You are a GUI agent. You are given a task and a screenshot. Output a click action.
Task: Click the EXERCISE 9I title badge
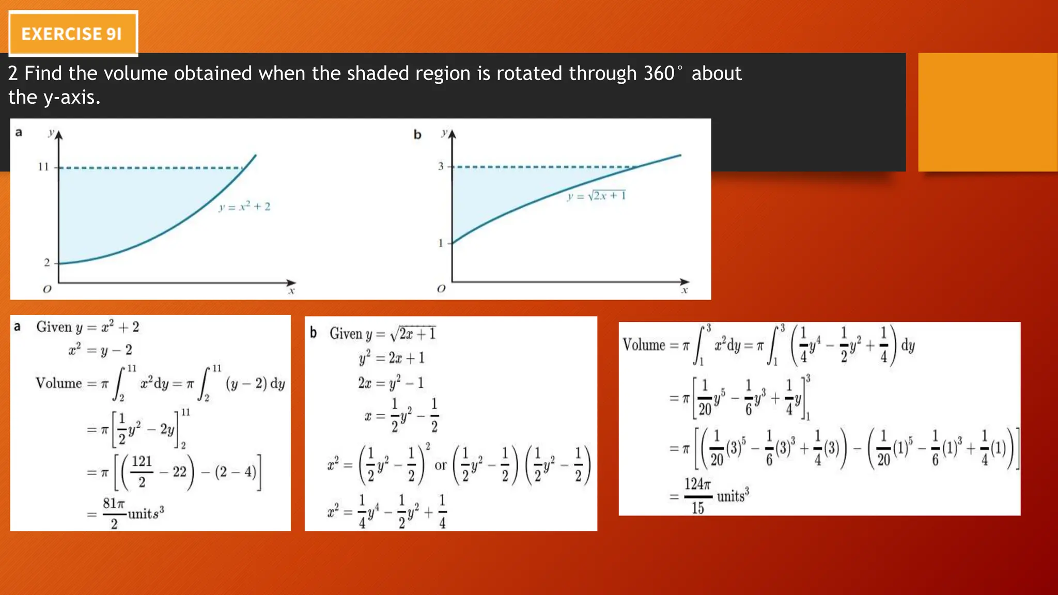(73, 34)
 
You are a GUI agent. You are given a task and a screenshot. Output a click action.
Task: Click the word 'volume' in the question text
(135, 73)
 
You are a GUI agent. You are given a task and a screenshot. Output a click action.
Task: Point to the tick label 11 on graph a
(43, 167)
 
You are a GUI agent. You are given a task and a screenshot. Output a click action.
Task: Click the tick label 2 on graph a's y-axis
(46, 263)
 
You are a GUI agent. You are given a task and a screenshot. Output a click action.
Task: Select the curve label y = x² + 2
(244, 207)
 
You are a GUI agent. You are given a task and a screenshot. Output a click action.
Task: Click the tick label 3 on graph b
(441, 166)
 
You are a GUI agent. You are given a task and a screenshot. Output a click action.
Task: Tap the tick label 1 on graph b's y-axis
(441, 243)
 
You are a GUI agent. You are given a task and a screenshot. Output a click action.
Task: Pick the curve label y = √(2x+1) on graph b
(596, 196)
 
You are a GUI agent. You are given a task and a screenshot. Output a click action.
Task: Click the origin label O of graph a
(47, 289)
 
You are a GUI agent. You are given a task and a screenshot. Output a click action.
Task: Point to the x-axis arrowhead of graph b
(684, 282)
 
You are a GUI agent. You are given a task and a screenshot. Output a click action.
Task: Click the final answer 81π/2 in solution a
(114, 513)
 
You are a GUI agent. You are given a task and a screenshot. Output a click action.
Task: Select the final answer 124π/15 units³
(697, 496)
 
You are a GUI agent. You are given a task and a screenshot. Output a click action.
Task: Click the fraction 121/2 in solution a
(142, 471)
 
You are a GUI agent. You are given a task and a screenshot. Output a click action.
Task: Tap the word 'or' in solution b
(440, 465)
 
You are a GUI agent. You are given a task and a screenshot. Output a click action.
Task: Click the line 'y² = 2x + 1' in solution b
(392, 357)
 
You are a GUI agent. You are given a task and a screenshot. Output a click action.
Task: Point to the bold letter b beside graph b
(417, 135)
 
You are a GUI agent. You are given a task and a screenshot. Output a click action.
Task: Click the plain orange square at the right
(987, 112)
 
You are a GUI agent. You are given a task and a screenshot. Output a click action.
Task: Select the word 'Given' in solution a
(54, 327)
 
